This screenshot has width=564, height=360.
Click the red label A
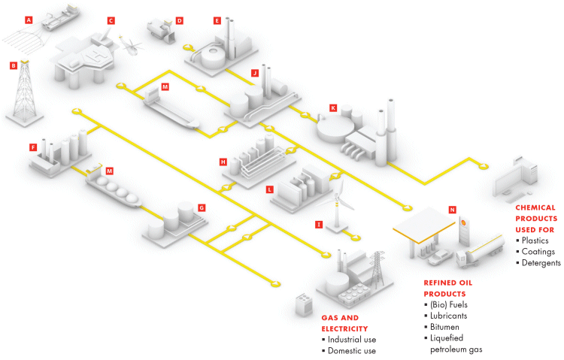click(x=29, y=20)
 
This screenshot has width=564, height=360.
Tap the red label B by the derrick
click(x=13, y=65)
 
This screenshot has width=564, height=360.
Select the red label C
click(x=111, y=20)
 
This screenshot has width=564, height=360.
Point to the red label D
click(x=179, y=20)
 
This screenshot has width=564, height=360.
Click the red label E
click(x=217, y=20)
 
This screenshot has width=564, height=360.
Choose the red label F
click(x=32, y=147)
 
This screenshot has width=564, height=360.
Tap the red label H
click(x=223, y=162)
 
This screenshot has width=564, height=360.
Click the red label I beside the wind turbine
click(x=319, y=224)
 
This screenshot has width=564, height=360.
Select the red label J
click(x=255, y=73)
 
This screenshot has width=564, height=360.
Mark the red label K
click(x=332, y=107)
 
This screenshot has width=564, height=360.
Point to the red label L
click(x=268, y=190)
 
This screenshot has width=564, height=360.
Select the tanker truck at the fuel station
click(x=481, y=250)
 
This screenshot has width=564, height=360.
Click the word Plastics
click(x=538, y=241)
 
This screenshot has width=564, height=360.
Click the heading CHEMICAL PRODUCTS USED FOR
click(x=535, y=217)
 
